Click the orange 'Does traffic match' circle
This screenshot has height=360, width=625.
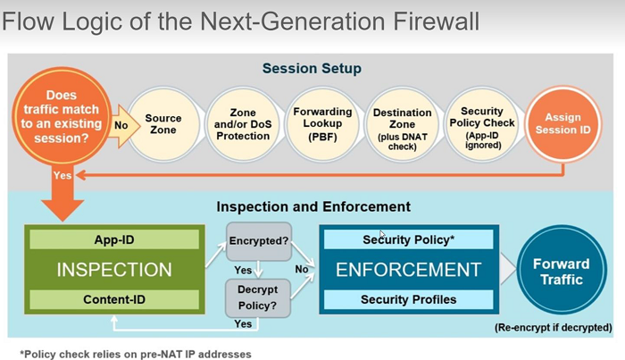[62, 117]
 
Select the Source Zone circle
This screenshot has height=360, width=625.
[162, 123]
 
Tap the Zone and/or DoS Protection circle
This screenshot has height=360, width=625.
[243, 123]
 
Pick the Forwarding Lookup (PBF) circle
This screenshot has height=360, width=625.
[322, 123]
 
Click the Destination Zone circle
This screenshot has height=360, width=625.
[403, 123]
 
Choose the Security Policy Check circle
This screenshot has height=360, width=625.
[481, 123]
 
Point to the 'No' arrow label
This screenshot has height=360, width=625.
[120, 126]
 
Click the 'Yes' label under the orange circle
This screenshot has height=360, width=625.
[62, 176]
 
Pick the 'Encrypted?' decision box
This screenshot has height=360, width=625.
[258, 240]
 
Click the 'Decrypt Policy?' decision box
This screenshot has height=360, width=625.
[258, 296]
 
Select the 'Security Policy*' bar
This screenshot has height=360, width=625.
[408, 239]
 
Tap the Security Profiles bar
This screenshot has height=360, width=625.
[408, 299]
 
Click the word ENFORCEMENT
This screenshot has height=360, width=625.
[408, 270]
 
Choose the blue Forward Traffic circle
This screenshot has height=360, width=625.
[561, 271]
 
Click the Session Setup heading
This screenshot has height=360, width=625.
[312, 69]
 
